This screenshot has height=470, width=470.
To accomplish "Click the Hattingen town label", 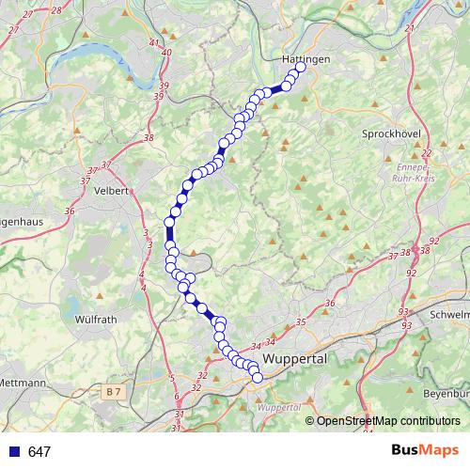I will pyautogui.click(x=305, y=58).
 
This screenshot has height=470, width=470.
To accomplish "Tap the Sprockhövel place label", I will pyautogui.click(x=389, y=134).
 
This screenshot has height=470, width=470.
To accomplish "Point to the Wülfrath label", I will pyautogui.click(x=95, y=320).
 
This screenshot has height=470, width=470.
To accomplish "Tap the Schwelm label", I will pyautogui.click(x=449, y=314).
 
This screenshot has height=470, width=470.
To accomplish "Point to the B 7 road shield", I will pyautogui.click(x=114, y=390).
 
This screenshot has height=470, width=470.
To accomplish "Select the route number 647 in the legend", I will pyautogui.click(x=39, y=452).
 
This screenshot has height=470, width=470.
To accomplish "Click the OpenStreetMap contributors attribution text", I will pyautogui.click(x=387, y=421).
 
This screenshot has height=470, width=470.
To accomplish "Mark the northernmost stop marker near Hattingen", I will pyautogui.click(x=301, y=68).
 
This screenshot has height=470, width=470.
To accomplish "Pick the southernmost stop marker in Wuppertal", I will pyautogui.click(x=258, y=378).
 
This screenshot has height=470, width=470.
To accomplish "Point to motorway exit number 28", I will pyautogui.click(x=55, y=10).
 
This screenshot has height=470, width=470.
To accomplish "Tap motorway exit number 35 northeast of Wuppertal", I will pyautogui.click(x=301, y=322).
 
